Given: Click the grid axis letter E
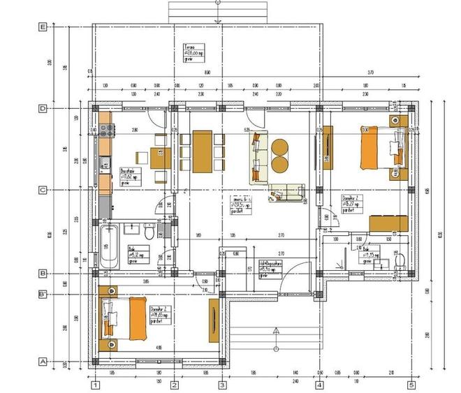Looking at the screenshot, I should (43, 27).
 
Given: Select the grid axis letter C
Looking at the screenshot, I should (43, 189).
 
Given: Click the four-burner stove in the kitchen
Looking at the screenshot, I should (108, 129).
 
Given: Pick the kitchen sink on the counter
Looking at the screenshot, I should (105, 165).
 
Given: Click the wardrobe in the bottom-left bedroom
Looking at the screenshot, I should (213, 320).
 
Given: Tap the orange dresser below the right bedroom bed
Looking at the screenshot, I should (388, 224).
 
